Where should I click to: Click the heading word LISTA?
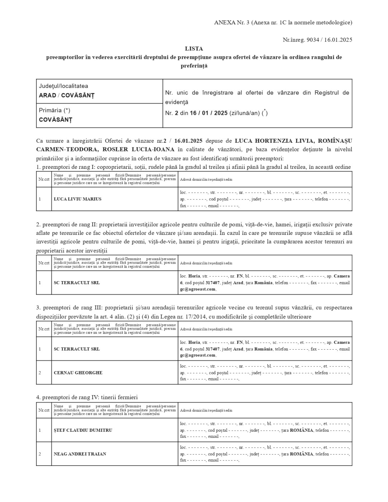pos(194,48)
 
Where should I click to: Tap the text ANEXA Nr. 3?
pos(231,23)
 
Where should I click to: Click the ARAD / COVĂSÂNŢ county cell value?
pos(66,95)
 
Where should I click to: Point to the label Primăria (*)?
pos(55,110)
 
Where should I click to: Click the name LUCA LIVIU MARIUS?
pos(77,199)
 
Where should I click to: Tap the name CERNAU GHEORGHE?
pos(78,373)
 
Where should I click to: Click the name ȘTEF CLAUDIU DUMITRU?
pos(83,430)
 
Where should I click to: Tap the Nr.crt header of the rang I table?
pos(44,179)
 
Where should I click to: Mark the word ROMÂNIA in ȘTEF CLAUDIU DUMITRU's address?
pos(302,430)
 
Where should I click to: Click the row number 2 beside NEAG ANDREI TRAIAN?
pos(40,454)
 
